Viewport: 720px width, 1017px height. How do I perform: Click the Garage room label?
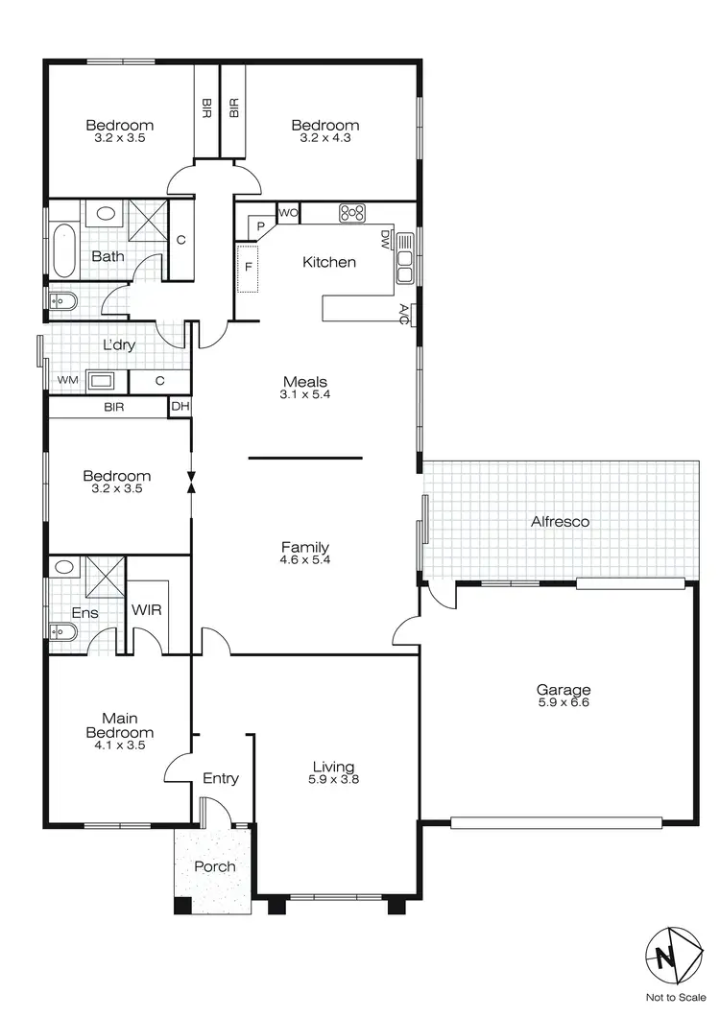coord(564,689)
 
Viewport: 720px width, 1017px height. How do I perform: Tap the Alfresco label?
coord(560,522)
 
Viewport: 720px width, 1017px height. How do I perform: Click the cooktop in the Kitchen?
coord(352,213)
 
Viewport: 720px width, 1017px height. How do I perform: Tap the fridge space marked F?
coord(248,267)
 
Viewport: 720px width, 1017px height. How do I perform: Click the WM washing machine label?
coord(66,381)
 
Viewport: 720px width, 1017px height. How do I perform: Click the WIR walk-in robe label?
coord(146,609)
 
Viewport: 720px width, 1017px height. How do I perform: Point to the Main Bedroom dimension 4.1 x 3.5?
coord(121,745)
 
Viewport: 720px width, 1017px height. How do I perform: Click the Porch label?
coord(214,866)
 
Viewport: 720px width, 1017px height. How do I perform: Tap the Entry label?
coord(220,778)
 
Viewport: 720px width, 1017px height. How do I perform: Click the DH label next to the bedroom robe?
coord(179,407)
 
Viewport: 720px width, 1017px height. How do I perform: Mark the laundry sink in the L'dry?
coord(101,381)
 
